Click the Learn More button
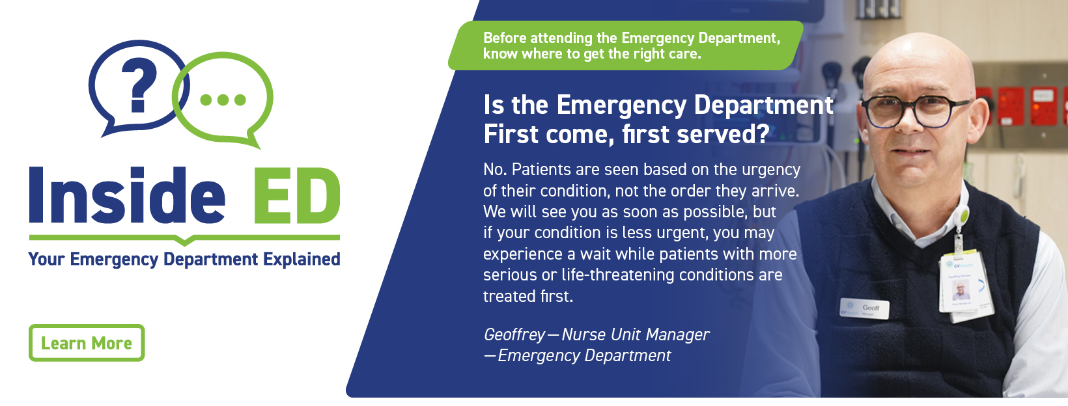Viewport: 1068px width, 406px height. pos(87,343)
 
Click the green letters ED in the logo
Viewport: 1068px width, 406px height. pos(296,195)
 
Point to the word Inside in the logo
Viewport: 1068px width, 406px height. pos(127,195)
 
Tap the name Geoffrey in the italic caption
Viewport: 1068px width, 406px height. pos(514,335)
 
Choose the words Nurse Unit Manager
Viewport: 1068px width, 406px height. pos(636,334)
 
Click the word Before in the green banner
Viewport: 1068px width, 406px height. pos(505,38)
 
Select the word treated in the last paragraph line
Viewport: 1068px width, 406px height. pos(510,297)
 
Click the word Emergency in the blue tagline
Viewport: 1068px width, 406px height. pos(114,260)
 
